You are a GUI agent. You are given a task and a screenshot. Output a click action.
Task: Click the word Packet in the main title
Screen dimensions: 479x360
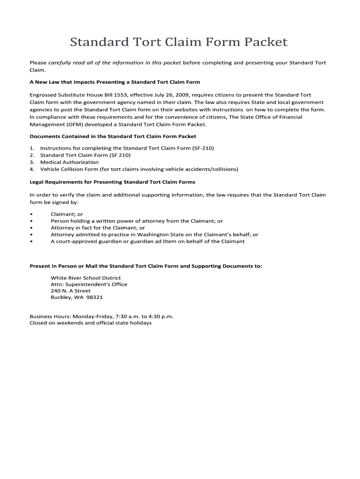pyautogui.click(x=265, y=43)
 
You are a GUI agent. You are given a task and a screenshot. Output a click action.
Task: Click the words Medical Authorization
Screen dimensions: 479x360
pyautogui.click(x=69, y=162)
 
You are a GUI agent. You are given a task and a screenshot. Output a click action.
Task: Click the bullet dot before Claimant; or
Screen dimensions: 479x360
pyautogui.click(x=31, y=214)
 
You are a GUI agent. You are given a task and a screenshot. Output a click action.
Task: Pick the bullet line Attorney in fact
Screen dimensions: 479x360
pyautogui.click(x=98, y=228)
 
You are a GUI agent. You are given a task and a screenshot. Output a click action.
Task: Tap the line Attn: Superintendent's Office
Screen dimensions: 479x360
pyautogui.click(x=89, y=284)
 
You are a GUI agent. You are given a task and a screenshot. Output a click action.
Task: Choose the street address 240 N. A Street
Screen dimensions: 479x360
pyautogui.click(x=71, y=291)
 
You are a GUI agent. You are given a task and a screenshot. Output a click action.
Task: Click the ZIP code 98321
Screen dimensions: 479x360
pyautogui.click(x=94, y=298)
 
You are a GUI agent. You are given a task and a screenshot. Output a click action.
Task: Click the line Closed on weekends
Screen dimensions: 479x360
pyautogui.click(x=90, y=323)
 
